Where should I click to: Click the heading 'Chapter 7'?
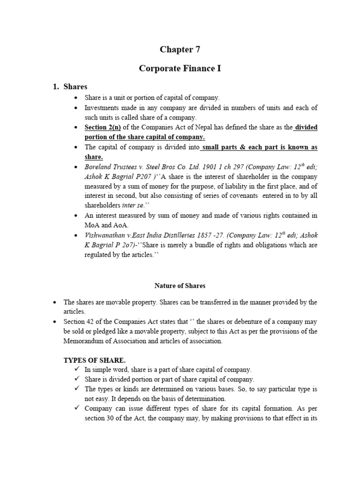[176, 49]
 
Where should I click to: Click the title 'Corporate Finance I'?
[180, 68]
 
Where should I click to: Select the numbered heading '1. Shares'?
[69, 87]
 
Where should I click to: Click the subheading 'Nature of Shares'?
[180, 285]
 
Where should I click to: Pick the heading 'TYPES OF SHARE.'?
[94, 360]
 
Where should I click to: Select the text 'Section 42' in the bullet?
[79, 322]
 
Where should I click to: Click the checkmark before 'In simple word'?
[77, 369]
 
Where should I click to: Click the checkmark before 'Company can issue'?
[77, 408]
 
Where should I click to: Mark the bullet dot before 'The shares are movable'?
[55, 302]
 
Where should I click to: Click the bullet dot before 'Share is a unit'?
[77, 97]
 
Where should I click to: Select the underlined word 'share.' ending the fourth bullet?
[94, 157]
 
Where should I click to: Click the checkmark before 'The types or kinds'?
[77, 389]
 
